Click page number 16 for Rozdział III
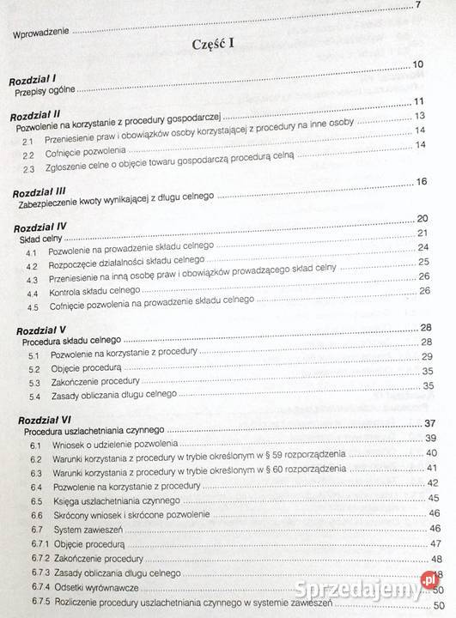click(420, 182)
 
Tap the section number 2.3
click(29, 168)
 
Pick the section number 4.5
click(33, 306)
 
